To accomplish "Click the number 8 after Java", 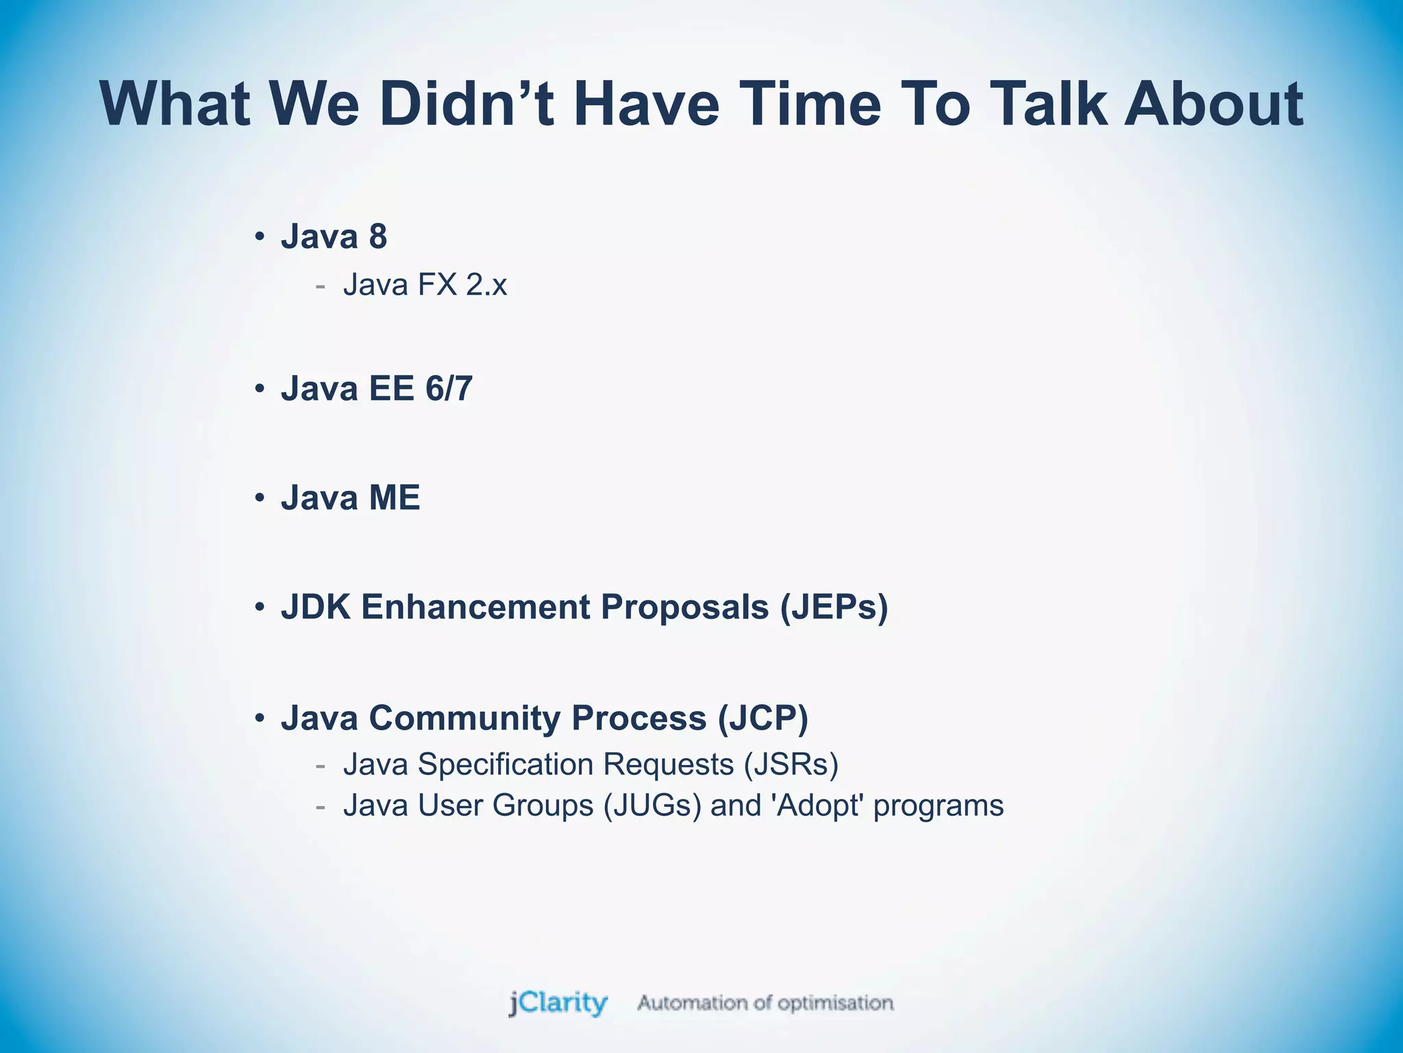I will pos(378,237).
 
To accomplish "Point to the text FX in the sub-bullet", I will pos(437,285).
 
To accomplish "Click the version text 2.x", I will pos(486,285).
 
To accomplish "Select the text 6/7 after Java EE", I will pos(449,389).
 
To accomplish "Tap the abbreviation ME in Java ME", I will pos(394,498).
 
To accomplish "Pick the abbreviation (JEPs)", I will pos(834,607).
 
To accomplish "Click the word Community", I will pos(465,718).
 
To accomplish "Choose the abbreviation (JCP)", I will pos(762,718).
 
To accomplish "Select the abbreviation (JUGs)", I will pos(652,806).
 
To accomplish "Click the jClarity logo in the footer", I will pos(558,1003).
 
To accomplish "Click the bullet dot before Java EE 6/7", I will pos(260,389).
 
